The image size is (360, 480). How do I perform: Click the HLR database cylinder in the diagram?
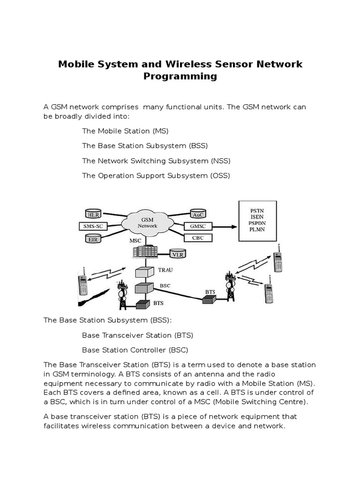(94, 214)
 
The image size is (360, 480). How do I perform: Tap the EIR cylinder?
(93, 239)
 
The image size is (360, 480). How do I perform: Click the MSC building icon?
(144, 252)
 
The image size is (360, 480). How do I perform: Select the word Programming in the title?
(180, 76)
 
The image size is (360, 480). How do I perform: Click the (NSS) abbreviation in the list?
(221, 161)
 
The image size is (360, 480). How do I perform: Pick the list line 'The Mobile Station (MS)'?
(125, 131)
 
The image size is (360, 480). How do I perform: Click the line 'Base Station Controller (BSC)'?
(135, 350)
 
